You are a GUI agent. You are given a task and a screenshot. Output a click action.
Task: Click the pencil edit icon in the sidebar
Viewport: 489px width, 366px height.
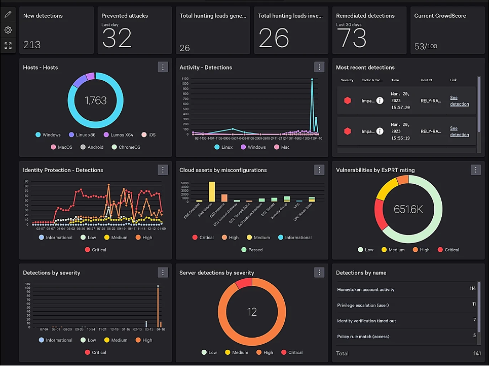(8, 15)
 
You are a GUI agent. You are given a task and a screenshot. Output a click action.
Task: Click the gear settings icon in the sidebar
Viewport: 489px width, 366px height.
(8, 30)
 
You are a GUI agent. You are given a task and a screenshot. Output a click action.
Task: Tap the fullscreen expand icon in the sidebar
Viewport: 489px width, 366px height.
(8, 46)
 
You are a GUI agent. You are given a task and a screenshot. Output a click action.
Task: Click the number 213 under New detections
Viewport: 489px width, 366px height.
(32, 45)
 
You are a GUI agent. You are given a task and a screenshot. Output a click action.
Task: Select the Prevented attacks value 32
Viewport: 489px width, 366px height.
(117, 38)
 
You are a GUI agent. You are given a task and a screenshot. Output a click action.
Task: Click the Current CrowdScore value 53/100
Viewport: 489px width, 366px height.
(426, 47)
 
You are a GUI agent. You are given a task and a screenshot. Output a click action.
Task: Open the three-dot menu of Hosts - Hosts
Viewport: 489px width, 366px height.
(163, 67)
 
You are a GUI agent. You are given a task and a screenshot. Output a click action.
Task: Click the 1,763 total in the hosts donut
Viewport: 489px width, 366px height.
(95, 101)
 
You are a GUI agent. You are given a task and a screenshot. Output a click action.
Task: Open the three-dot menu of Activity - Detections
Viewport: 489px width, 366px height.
(319, 67)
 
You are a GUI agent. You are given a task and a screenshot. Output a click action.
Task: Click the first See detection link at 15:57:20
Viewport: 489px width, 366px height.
(459, 101)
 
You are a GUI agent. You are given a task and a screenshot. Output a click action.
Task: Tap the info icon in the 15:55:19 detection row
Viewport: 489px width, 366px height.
(380, 131)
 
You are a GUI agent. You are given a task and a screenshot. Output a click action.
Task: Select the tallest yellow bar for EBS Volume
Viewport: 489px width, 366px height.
(212, 191)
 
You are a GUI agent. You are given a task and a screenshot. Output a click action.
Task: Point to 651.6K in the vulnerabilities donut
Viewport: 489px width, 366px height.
(408, 209)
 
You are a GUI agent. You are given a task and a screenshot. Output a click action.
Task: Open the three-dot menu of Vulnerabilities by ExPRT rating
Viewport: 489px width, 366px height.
(475, 170)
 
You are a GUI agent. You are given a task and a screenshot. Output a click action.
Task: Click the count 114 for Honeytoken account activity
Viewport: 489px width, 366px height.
(472, 289)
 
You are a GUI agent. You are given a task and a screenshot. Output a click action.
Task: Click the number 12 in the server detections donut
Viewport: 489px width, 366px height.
(252, 312)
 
